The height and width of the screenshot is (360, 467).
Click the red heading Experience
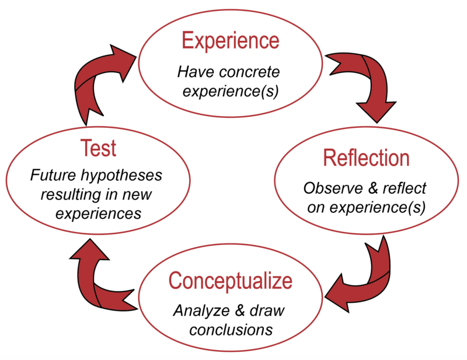coord(230,41)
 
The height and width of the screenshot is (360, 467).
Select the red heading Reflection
coord(366,158)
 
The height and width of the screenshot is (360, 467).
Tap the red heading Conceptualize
coord(230,281)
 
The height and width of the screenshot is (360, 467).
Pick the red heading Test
coord(98,148)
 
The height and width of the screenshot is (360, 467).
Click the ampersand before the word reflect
coord(365,189)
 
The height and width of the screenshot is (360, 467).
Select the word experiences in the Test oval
coord(98,214)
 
